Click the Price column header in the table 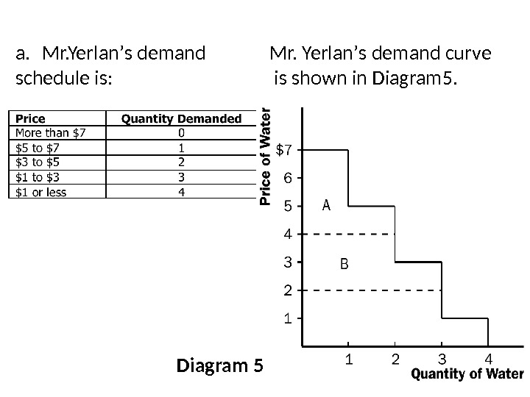[x=31, y=118]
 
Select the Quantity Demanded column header [x=181, y=118]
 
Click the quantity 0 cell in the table [x=181, y=133]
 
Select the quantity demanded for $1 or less [x=181, y=191]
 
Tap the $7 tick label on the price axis [x=283, y=151]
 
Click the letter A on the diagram [x=327, y=206]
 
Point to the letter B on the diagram [x=342, y=262]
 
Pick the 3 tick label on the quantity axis [x=442, y=360]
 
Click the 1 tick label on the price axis [x=288, y=319]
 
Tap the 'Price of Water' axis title [x=266, y=156]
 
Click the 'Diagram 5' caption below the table [x=219, y=365]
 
